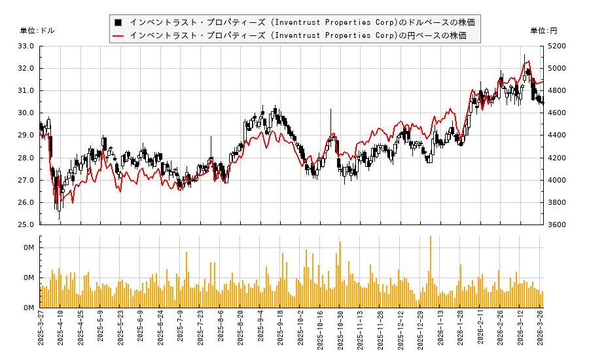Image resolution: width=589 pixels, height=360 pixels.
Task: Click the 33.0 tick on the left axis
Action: tap(26, 46)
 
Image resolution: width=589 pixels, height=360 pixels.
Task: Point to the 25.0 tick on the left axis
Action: tap(26, 225)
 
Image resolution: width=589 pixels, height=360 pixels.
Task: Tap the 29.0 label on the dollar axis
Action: tap(26, 135)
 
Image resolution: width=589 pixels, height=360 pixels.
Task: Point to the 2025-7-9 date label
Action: tap(181, 331)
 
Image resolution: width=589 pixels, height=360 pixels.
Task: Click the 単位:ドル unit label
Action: tap(37, 31)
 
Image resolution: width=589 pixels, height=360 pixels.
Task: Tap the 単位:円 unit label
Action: tap(543, 31)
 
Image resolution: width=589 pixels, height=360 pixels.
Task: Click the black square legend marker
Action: tap(118, 22)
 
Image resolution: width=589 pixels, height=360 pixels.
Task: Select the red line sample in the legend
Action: tap(118, 35)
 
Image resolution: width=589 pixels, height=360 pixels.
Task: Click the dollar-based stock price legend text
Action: tap(302, 22)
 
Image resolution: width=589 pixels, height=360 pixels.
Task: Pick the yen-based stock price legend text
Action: tap(298, 35)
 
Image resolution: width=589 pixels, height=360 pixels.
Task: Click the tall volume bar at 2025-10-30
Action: tap(340, 275)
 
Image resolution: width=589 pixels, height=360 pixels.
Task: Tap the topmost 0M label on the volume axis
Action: tap(29, 248)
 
